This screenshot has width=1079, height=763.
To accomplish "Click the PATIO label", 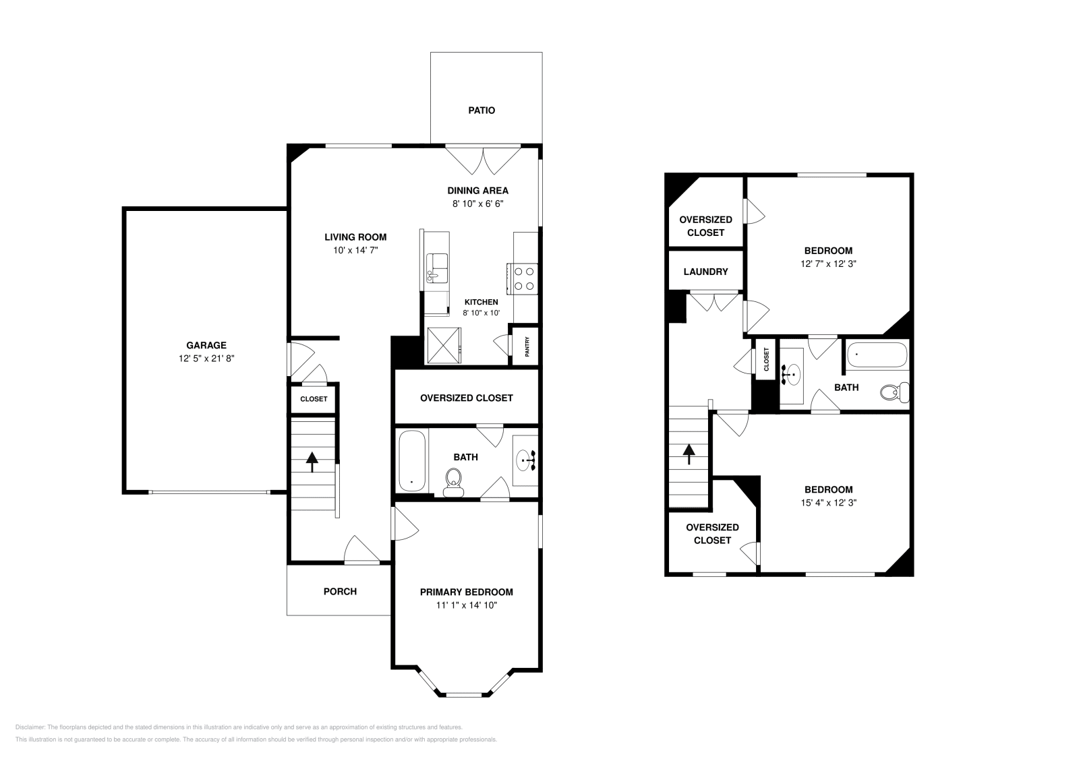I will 482,110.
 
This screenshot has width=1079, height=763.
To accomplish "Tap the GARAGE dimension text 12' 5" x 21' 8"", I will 206,359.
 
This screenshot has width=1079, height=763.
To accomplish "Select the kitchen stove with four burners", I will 525,278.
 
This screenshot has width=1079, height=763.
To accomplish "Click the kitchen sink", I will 438,268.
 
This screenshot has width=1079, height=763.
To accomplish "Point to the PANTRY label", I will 527,347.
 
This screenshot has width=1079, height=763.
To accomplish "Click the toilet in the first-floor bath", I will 454,482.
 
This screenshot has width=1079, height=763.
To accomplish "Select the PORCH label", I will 340,591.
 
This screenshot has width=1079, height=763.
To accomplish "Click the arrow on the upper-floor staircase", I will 689,454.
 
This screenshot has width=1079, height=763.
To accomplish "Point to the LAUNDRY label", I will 705,272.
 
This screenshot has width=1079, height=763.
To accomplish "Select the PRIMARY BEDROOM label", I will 466,592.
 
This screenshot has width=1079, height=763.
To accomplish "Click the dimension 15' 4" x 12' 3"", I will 828,502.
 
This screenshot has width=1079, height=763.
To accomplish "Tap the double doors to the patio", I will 483,158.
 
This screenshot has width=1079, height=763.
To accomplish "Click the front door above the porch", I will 361,549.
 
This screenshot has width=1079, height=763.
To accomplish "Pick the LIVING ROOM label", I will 355,237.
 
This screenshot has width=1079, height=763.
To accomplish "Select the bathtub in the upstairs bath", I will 877,355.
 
